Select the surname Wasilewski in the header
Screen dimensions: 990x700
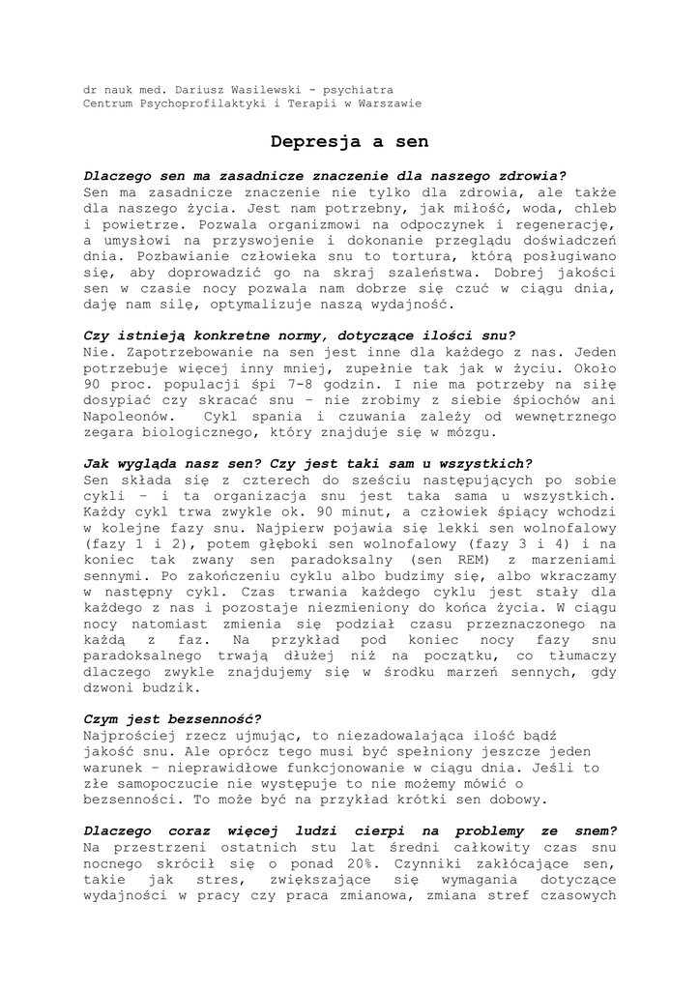[259, 89]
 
